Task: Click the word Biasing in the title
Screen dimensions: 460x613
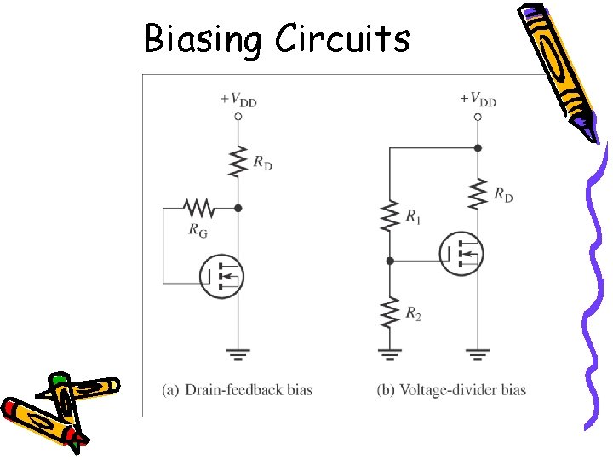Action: click(203, 39)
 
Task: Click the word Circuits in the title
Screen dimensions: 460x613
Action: click(341, 38)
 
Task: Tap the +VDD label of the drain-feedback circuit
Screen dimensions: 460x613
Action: click(238, 99)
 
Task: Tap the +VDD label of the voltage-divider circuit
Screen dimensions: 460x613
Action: click(478, 99)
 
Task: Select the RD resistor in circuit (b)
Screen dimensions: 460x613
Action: click(478, 193)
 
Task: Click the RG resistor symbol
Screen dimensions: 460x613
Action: click(198, 207)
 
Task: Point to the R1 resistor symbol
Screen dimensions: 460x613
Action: click(389, 216)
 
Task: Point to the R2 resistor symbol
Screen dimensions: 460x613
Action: click(389, 312)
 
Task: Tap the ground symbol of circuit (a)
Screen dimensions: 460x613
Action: click(238, 352)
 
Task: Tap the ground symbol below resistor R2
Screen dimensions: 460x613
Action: click(389, 352)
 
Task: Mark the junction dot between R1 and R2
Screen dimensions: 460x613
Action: click(389, 261)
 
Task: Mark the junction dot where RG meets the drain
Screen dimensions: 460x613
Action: click(238, 207)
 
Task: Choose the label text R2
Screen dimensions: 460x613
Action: click(413, 315)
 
